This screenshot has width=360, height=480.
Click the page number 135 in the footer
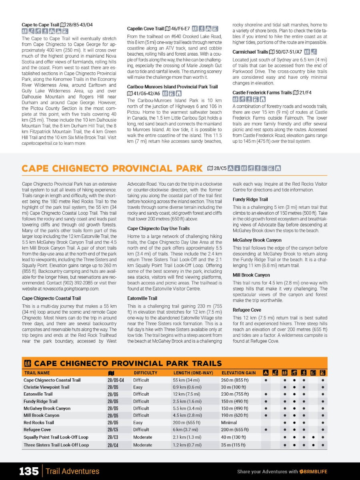pos(29,471)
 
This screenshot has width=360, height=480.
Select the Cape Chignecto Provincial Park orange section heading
pos(112,168)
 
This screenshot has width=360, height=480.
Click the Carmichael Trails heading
pos(250,52)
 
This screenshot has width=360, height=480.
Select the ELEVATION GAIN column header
pos(239,373)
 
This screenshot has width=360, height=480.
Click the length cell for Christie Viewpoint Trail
pos(187,387)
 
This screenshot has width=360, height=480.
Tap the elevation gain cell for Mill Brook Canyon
pos(235,415)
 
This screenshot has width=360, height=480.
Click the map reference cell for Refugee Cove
pos(113,430)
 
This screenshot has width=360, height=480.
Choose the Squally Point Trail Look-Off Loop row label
pos(56,437)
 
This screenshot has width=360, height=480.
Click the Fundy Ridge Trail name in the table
pos(40,401)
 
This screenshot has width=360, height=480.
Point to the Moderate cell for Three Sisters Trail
pos(143,445)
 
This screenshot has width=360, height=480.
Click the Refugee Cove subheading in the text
pos(247,310)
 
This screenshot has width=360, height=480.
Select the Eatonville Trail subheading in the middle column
pos(142,298)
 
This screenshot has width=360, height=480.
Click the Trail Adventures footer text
pos(73,471)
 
